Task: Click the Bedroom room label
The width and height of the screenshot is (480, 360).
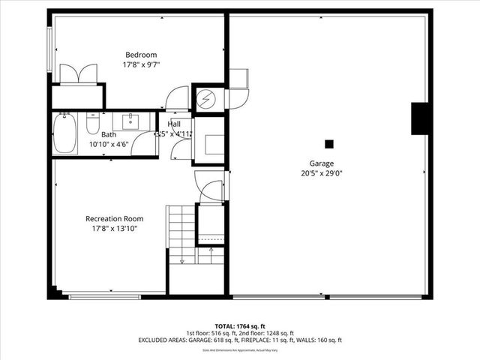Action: [x=140, y=55]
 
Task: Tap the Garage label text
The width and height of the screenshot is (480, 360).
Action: [x=322, y=163]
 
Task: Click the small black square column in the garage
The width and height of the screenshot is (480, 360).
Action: [x=328, y=143]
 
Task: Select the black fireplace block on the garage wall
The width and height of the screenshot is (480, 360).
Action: [x=421, y=118]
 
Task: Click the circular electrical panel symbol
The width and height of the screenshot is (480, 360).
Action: [x=205, y=98]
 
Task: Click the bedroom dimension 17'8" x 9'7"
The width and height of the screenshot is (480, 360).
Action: [x=140, y=64]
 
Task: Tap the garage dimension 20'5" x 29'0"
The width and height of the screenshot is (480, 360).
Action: [x=322, y=172]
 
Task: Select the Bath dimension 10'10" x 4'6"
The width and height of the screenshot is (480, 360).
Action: [x=106, y=144]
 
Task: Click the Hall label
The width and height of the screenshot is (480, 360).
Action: [x=174, y=124]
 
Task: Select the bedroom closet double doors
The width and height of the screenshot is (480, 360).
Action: [x=78, y=73]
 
